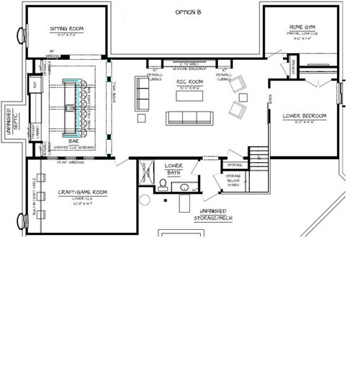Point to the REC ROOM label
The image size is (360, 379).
[187, 84]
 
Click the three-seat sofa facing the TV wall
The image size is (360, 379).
[186, 118]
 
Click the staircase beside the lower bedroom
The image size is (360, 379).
[258, 155]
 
